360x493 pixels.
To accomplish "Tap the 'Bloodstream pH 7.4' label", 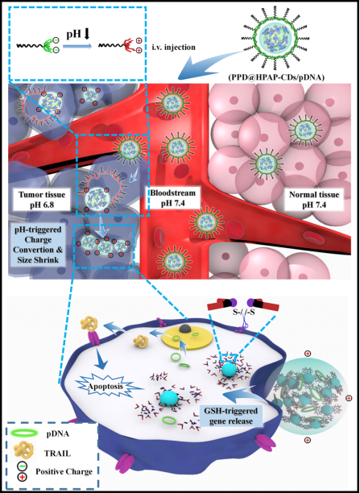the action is (172, 197).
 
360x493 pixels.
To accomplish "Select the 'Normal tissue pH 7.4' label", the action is (314, 200).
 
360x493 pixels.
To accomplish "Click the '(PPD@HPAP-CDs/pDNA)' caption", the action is (292, 77).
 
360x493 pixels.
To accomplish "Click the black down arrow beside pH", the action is (87, 33).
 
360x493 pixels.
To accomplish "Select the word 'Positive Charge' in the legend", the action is (64, 471).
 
